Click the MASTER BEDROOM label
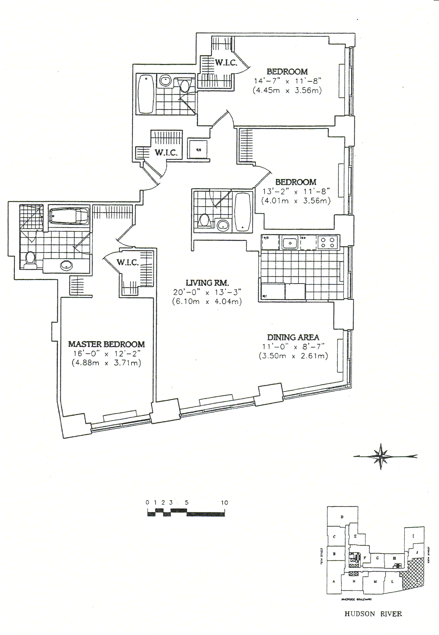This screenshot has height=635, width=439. pos(106,344)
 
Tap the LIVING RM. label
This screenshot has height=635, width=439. pos(207,283)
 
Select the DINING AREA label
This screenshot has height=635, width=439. pos(293,337)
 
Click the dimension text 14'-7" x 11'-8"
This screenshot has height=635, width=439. pos(287,81)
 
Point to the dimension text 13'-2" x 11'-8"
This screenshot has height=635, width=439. pos(296,192)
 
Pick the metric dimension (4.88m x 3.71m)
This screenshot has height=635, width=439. pos(106,363)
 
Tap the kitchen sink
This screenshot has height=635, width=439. pos(290,242)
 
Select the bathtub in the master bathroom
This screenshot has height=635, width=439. pos(69,216)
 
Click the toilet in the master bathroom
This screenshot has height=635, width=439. pos(30,260)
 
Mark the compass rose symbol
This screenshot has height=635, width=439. pos(381,456)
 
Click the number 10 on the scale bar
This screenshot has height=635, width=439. pos(224,503)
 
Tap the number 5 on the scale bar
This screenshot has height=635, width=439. pos(186,503)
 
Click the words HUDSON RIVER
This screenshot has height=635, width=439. pos(373,614)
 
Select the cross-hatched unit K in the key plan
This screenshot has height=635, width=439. pos(413,573)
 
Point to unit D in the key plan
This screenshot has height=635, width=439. pos(342,517)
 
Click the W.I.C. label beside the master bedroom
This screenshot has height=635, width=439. pos(128,262)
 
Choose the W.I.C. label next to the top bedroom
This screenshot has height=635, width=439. pos(226,63)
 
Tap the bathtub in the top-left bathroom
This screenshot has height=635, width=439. pos(146,94)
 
